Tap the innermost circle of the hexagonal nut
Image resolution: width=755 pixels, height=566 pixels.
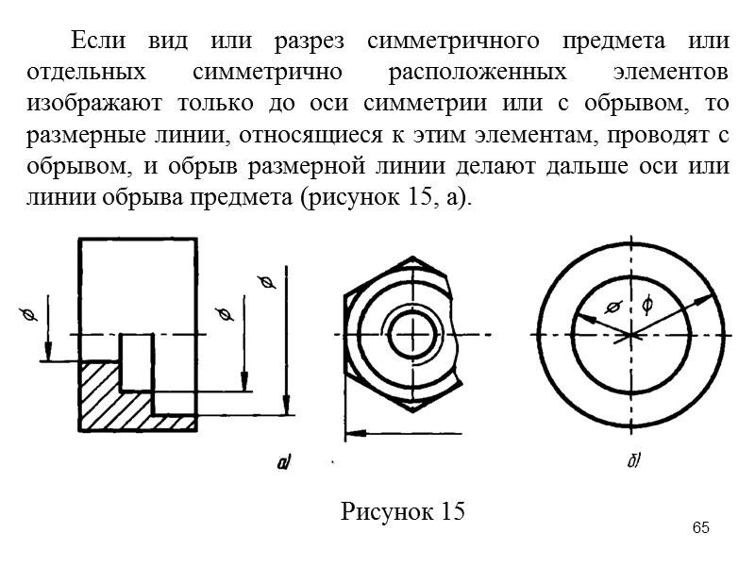(x=412, y=335)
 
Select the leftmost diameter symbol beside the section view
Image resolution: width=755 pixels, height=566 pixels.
(x=26, y=312)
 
